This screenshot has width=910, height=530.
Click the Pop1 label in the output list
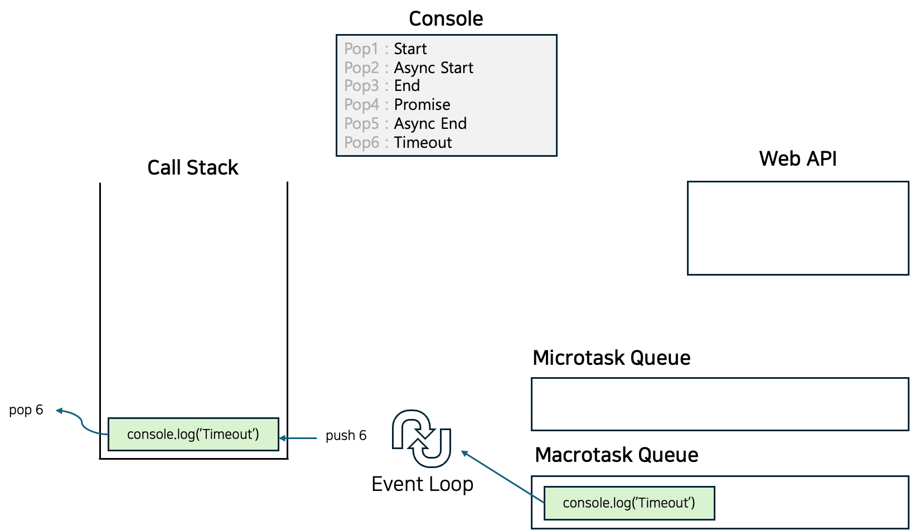(x=361, y=49)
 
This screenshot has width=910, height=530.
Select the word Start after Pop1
(x=410, y=49)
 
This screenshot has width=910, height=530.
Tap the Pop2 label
(x=361, y=68)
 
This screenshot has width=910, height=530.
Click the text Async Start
(x=433, y=68)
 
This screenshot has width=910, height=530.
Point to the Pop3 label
(x=361, y=86)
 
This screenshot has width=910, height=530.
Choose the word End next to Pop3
(x=406, y=86)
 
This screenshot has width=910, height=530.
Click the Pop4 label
(x=361, y=105)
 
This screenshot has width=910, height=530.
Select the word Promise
(x=422, y=105)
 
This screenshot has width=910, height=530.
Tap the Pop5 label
(x=361, y=124)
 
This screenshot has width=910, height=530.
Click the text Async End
(x=430, y=124)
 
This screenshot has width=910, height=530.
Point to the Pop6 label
(x=361, y=143)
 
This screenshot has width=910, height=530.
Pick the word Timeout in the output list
(x=423, y=143)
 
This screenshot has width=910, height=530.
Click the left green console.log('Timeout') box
(x=193, y=434)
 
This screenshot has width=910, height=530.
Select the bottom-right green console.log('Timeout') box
(x=628, y=503)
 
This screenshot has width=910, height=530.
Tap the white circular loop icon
(x=422, y=439)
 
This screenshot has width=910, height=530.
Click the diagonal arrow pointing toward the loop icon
(x=502, y=476)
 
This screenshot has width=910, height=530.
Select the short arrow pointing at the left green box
(x=298, y=439)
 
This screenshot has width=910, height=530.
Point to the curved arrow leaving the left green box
(x=81, y=421)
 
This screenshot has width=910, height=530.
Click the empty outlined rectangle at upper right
(x=798, y=228)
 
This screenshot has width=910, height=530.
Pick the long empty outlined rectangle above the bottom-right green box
(x=719, y=404)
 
